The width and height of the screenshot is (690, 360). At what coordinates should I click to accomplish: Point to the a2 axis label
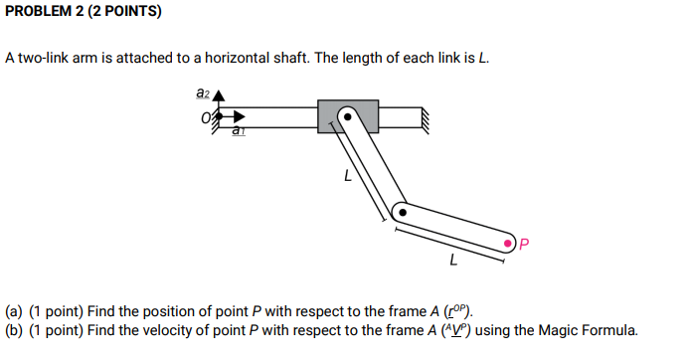coord(203,92)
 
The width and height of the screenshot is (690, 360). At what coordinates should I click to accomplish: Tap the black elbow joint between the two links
coord(399,212)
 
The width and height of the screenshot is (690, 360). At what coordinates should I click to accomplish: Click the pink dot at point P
coord(509,243)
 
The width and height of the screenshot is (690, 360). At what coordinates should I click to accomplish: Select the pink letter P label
coord(526,243)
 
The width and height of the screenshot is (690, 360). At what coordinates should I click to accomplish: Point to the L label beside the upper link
coord(346,179)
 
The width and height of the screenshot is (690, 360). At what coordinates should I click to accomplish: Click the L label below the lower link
coord(453,263)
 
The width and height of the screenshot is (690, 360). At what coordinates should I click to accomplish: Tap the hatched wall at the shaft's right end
coord(425,117)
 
